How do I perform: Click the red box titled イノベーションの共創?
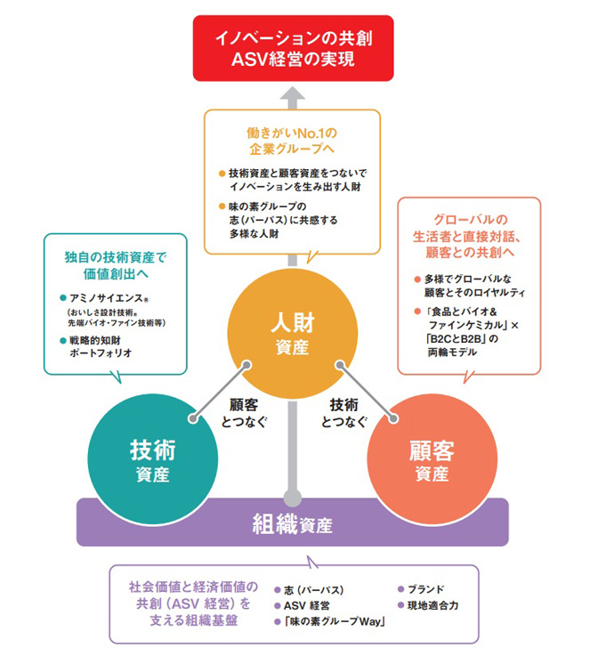291,50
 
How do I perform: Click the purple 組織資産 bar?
292,523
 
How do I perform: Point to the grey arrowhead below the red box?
291,93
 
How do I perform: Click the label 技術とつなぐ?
343,412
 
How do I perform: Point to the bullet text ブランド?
425,588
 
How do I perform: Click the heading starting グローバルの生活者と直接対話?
469,235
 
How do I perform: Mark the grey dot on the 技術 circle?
193,417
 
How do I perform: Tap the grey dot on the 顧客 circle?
392,414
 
